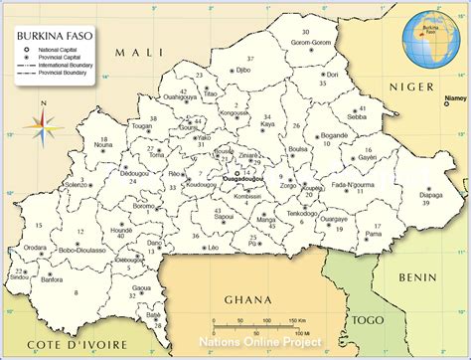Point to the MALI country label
134,51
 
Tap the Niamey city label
456,99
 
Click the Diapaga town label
429,195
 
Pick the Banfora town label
52,280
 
